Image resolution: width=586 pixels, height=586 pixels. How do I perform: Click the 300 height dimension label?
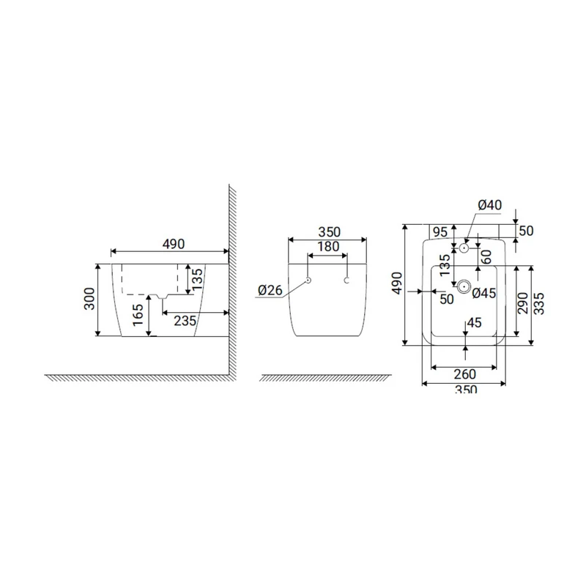pyautogui.click(x=89, y=298)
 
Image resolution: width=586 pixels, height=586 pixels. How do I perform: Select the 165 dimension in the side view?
pyautogui.click(x=138, y=315)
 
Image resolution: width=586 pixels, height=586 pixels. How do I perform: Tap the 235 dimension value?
pyautogui.click(x=185, y=321)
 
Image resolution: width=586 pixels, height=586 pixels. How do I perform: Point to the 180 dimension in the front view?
pyautogui.click(x=328, y=247)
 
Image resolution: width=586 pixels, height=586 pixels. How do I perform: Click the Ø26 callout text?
pyautogui.click(x=270, y=290)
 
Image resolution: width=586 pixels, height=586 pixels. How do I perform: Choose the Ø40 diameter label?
pyautogui.click(x=489, y=205)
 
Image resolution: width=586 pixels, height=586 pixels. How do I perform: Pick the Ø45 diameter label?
pyautogui.click(x=484, y=294)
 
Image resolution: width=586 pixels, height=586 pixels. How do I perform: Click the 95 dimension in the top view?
pyautogui.click(x=440, y=232)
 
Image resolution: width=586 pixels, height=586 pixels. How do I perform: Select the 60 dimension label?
pyautogui.click(x=486, y=257)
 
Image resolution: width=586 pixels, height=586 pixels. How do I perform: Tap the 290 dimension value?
pyautogui.click(x=523, y=303)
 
